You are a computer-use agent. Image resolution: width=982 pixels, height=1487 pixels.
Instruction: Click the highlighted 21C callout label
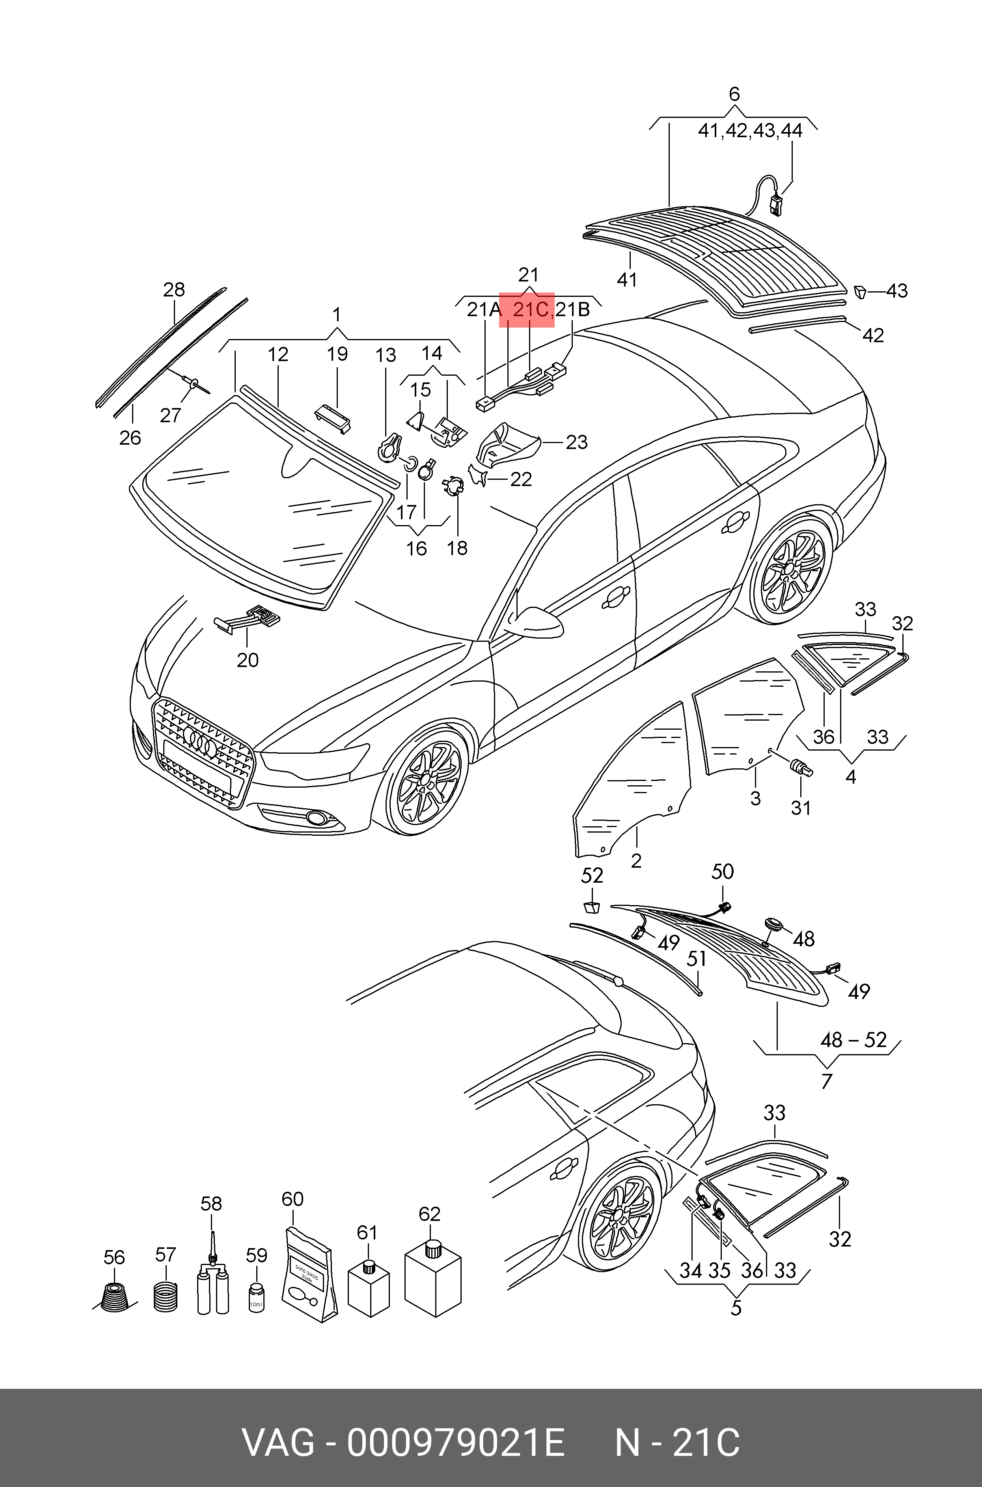pyautogui.click(x=531, y=310)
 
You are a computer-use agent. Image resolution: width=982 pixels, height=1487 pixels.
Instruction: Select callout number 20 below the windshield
pyautogui.click(x=248, y=660)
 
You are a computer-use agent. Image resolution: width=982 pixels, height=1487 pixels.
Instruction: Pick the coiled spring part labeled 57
pyautogui.click(x=165, y=1298)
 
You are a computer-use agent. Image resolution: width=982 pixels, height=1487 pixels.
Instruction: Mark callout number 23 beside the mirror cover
pyautogui.click(x=576, y=443)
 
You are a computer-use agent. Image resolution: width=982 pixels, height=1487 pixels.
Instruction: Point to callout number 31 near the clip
pyautogui.click(x=801, y=808)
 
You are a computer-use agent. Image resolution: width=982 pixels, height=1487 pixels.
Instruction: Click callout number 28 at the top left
pyautogui.click(x=174, y=289)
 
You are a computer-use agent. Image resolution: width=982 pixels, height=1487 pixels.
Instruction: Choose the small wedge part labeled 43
pyautogui.click(x=861, y=291)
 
